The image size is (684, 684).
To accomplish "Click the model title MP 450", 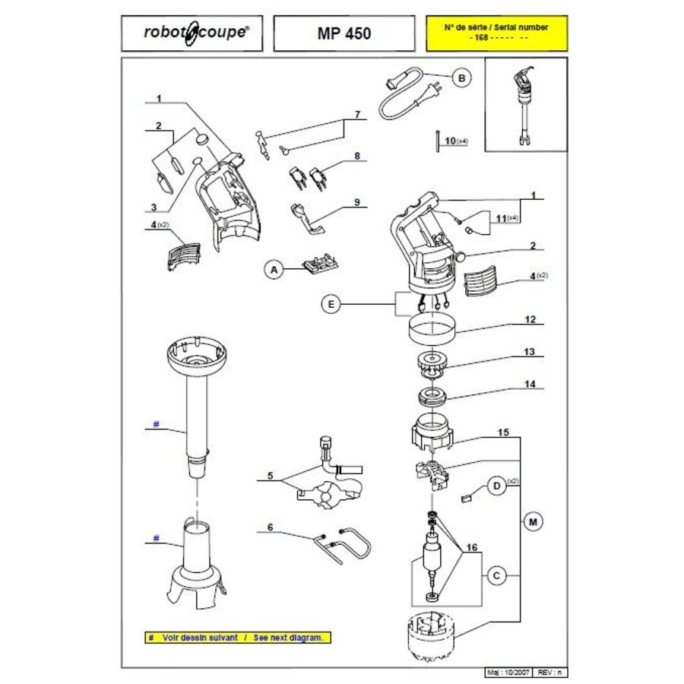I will (344, 33).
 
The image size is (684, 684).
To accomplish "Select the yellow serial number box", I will (496, 33).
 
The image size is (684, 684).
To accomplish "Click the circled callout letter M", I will (533, 521).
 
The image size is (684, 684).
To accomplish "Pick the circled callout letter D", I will (496, 486).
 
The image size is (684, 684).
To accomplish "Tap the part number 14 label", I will (529, 385).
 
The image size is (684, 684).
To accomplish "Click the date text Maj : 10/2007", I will (508, 673).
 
